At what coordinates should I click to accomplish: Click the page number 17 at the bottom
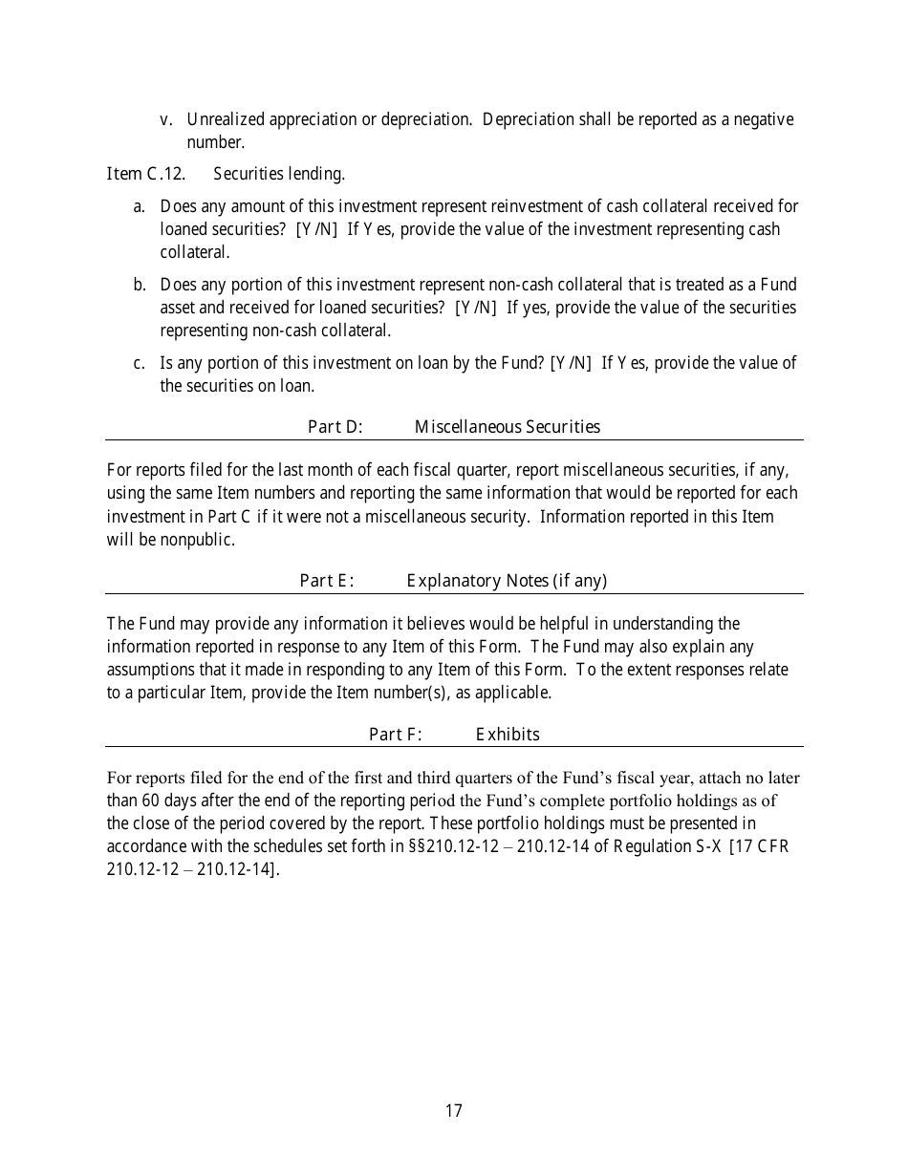454,1111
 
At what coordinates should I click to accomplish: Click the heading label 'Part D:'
335,427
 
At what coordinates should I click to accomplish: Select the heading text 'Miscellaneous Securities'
508,427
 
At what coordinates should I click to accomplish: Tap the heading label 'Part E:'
327,581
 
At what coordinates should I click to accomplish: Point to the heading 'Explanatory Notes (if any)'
508,581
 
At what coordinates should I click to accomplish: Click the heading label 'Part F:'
396,735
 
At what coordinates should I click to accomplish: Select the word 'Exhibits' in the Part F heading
508,735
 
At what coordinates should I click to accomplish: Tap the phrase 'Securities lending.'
279,174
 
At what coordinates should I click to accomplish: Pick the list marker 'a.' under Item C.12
140,206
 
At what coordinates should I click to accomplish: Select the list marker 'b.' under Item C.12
140,285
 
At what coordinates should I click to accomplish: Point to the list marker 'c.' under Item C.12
140,363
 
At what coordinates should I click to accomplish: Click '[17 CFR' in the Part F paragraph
759,847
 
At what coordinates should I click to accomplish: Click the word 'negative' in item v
762,120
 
